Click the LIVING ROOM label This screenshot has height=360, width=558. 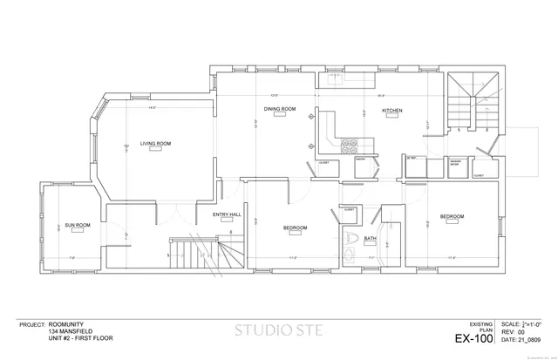tap(155, 143)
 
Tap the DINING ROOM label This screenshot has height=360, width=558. tap(281, 109)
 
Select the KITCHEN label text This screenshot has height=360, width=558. tap(391, 111)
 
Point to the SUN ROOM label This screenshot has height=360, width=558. tap(78, 225)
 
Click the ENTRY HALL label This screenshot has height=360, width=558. tap(227, 214)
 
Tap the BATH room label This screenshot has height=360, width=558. tap(370, 238)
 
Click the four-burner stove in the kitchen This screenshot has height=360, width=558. tap(350, 144)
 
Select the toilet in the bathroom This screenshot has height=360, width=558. tap(350, 237)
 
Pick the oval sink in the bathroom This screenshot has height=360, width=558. tap(348, 255)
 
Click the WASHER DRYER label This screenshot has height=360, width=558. tap(455, 163)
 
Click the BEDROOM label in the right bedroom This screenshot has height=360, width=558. tap(452, 216)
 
